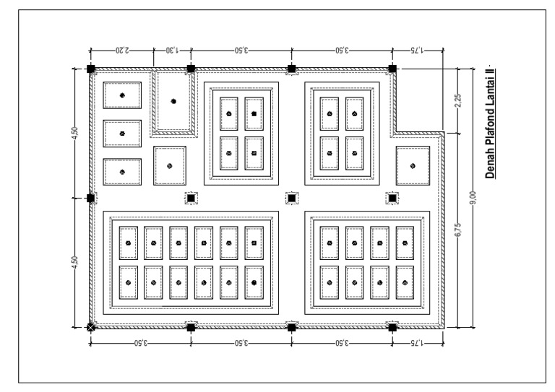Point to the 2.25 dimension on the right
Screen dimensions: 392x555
[x=457, y=101]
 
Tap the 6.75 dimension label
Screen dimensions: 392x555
[x=457, y=230]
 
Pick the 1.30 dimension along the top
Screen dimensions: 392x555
[x=172, y=51]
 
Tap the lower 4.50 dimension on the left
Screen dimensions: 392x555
[x=75, y=262]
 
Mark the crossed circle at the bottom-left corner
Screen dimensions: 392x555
[x=90, y=327]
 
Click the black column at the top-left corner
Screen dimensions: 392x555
[x=90, y=69]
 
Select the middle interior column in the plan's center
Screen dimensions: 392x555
[x=291, y=198]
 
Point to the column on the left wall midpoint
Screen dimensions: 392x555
[x=90, y=198]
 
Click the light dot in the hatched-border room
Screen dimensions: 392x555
[x=173, y=101]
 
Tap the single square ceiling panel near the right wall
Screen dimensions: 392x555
[x=413, y=165]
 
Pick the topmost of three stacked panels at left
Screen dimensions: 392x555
[x=122, y=95]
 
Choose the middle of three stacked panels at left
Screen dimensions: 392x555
[x=122, y=133]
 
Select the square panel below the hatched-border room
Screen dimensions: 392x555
[x=170, y=165]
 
